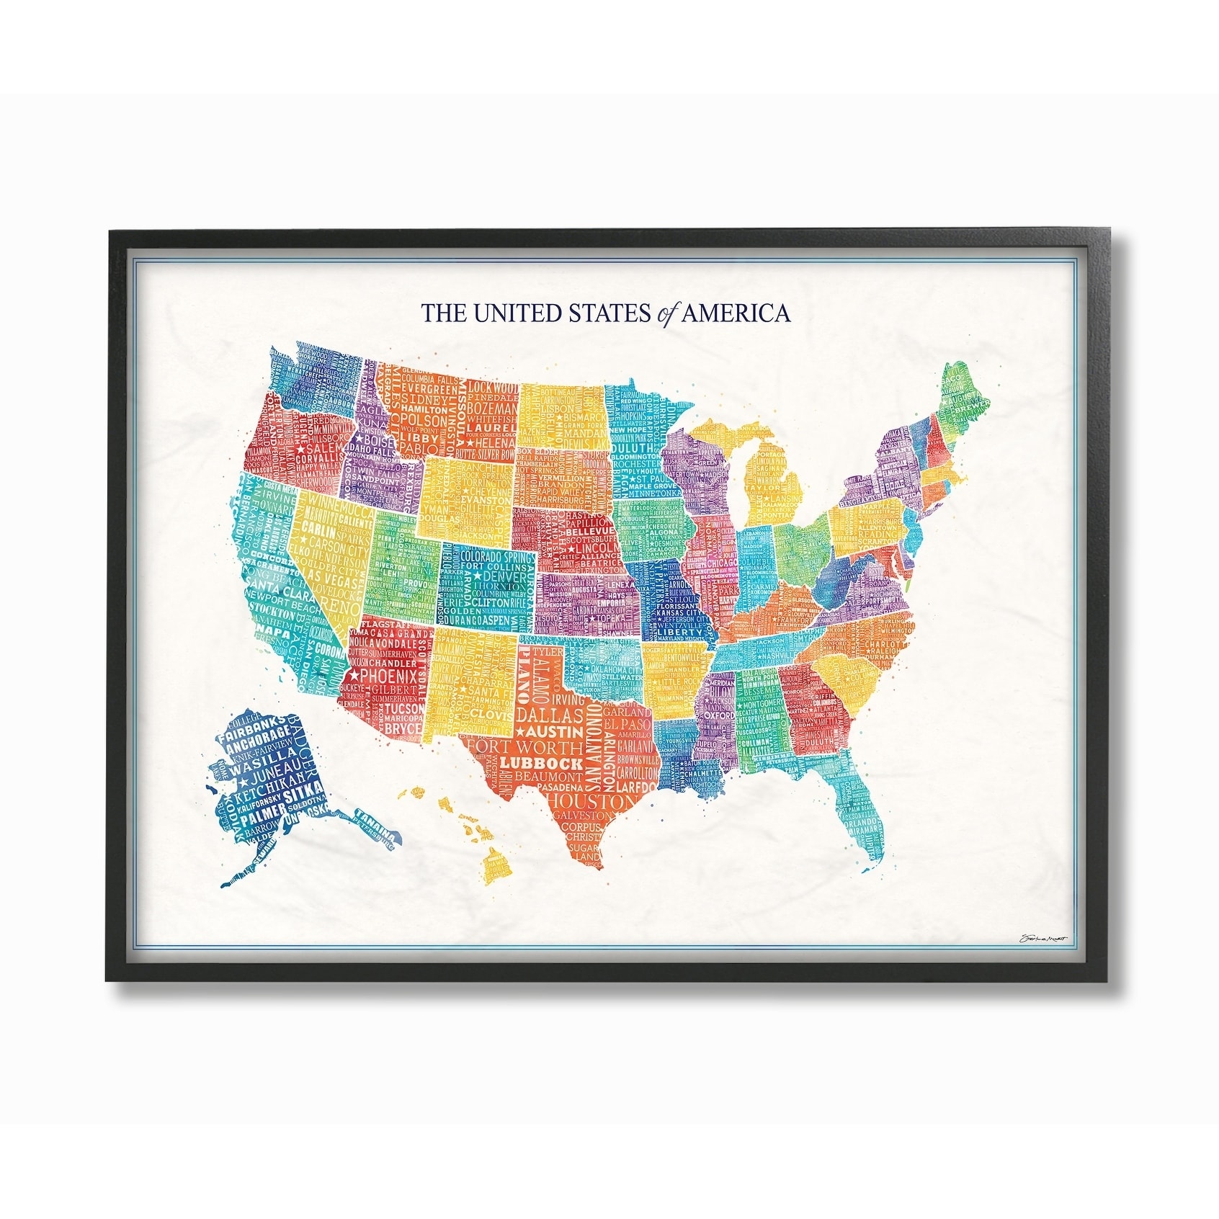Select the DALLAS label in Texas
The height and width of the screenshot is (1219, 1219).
coord(550,715)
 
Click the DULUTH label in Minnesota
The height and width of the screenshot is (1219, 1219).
coord(632,447)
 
